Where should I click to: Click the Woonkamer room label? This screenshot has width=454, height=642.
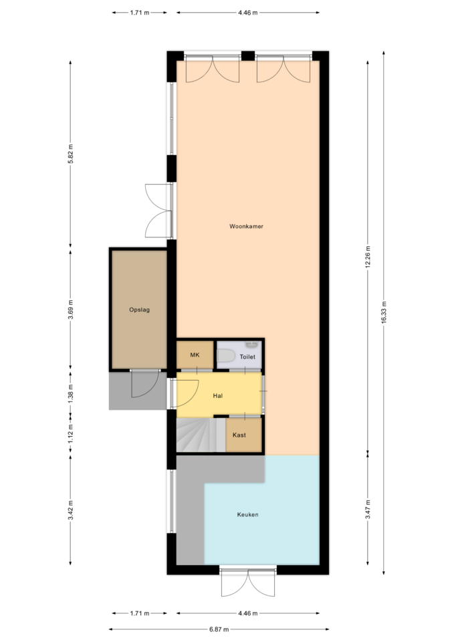[246, 226]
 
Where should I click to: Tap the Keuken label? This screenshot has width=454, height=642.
[247, 514]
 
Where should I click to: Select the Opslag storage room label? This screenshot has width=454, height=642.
[139, 310]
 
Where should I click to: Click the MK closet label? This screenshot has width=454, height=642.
[195, 354]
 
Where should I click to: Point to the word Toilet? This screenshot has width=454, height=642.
[247, 356]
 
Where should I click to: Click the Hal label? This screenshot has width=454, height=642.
[218, 395]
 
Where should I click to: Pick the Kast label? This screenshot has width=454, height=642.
[239, 435]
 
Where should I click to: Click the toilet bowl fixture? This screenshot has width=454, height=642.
[225, 356]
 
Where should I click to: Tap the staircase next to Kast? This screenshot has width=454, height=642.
[201, 435]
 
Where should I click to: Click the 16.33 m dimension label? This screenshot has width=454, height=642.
[384, 312]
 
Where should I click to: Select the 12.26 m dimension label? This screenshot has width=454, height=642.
[368, 257]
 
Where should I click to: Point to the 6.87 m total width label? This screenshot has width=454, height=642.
[219, 629]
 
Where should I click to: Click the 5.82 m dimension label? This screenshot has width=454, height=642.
[70, 154]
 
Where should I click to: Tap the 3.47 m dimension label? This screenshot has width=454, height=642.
[368, 510]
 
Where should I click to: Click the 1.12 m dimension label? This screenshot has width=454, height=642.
[70, 433]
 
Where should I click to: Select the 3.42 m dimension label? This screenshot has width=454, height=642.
[70, 510]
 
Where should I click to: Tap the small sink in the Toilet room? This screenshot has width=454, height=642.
[251, 345]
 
